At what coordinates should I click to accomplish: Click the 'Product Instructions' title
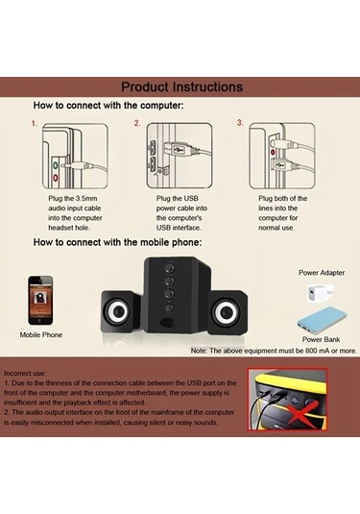[x=181, y=86]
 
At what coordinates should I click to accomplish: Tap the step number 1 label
[x=35, y=124]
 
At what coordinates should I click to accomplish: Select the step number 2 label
[x=137, y=123]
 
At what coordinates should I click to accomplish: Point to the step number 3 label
[x=240, y=123]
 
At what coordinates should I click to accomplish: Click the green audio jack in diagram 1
[x=56, y=165]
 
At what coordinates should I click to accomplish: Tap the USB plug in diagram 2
[x=179, y=150]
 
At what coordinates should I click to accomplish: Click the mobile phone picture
[x=40, y=301]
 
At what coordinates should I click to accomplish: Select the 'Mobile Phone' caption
[x=41, y=334]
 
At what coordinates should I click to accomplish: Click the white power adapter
[x=320, y=293]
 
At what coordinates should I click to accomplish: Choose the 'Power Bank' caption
[x=321, y=339]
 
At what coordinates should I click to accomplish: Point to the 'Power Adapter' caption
[x=322, y=273]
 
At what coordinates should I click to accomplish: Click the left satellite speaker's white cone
[x=116, y=311]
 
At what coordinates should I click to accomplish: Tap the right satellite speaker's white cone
[x=225, y=312]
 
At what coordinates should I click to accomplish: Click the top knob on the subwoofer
[x=169, y=268]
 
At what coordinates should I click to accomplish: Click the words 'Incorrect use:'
[x=25, y=374]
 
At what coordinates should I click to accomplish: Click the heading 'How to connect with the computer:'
[x=108, y=106]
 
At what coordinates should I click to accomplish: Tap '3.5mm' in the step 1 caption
[x=86, y=198]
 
